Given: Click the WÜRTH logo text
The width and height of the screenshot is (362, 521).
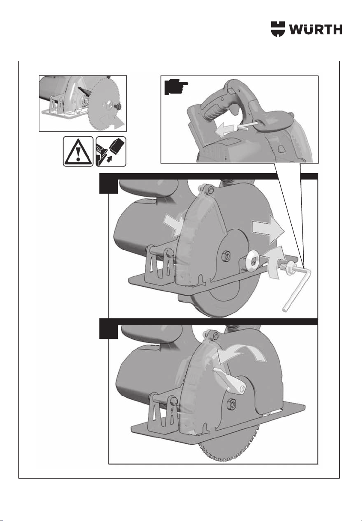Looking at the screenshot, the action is coord(315,29).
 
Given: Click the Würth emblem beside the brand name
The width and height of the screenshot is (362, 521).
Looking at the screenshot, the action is coord(278,29).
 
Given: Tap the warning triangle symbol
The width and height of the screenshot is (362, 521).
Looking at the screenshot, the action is coord(78,151).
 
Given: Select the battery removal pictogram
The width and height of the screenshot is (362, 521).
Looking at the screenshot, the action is coord(111,151).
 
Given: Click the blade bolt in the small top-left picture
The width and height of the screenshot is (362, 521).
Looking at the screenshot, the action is coord(118,107).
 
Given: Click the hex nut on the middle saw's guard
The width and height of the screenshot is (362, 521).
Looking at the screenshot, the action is coord(226,256).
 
